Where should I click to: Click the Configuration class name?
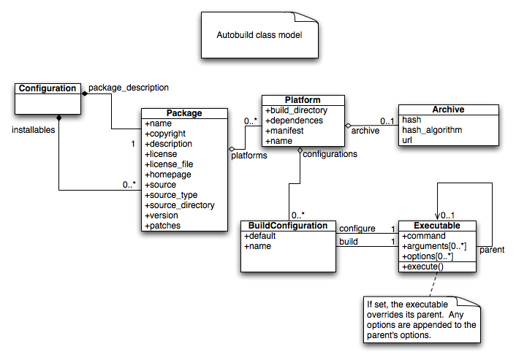(x=48, y=88)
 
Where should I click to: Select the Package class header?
(x=184, y=113)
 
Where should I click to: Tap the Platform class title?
(x=303, y=100)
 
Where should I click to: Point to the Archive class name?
(x=448, y=110)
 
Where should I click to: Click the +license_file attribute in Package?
(x=169, y=164)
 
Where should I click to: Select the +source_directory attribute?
(x=180, y=205)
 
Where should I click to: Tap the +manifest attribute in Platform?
(x=285, y=130)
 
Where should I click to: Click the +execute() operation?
(x=423, y=267)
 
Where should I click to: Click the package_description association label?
(x=129, y=87)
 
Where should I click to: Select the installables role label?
(x=33, y=129)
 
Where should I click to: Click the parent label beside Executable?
(x=491, y=250)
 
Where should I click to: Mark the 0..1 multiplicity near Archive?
(x=387, y=121)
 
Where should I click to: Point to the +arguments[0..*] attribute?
(x=434, y=247)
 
